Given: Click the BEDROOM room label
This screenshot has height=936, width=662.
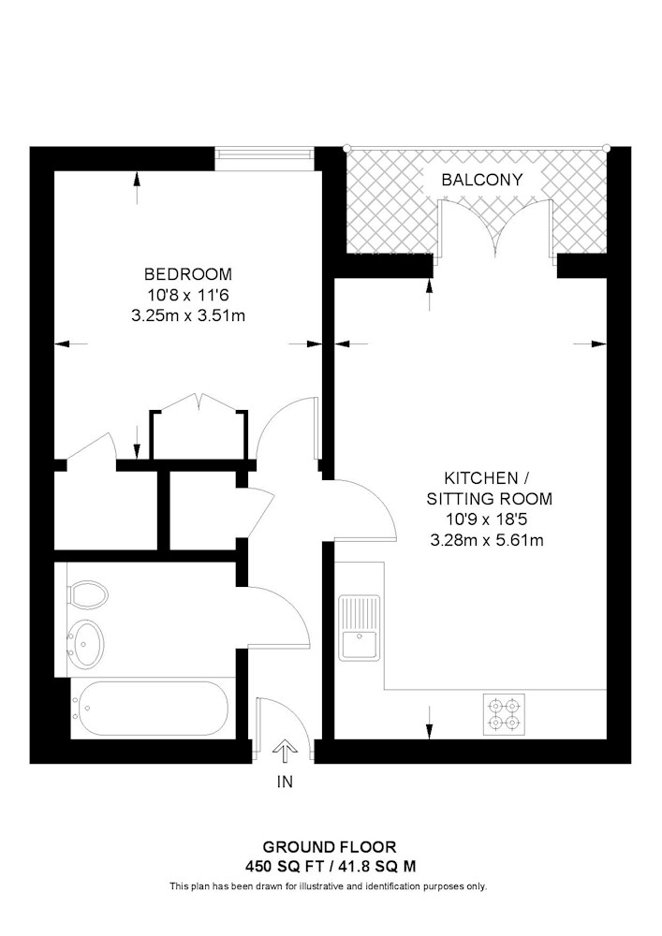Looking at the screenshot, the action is tap(188, 274).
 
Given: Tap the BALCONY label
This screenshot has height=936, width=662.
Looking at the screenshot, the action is tap(481, 180).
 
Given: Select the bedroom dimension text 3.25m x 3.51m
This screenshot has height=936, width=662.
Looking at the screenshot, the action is tap(188, 315).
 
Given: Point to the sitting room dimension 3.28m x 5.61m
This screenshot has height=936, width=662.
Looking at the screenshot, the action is tap(487, 541).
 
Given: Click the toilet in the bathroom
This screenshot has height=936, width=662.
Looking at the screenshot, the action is tap(88, 595).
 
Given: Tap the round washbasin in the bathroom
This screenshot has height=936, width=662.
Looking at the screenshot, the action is tap(86, 645).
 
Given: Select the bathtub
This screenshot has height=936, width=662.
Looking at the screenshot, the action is tap(149, 709).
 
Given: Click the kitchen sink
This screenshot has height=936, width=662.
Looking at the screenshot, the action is tap(360, 627).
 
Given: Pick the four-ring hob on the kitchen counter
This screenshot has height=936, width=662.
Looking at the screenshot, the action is tap(504, 714).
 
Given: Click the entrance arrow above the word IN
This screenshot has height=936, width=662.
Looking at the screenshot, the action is tap(284, 751).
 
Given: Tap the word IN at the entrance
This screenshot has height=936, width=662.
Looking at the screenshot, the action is tap(285, 782).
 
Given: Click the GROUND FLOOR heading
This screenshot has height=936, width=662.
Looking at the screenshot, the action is tap(330, 846).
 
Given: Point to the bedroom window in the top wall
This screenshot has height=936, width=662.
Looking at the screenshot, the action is tap(264, 154).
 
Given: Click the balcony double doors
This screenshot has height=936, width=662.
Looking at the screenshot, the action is tap(494, 230).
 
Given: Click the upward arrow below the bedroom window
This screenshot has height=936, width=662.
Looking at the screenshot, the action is tap(138, 188).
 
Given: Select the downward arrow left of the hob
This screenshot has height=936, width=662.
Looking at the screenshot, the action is tap(429, 723).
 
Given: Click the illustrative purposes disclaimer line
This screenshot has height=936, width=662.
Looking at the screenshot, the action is tap(329, 886).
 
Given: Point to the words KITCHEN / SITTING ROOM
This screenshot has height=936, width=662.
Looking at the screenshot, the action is tap(489, 489).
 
